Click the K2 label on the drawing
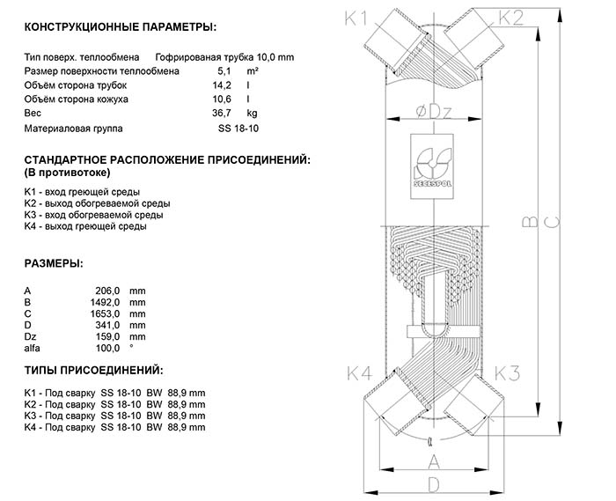[510, 18]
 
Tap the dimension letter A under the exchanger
[433, 461]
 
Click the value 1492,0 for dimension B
[106, 302]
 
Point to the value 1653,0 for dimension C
[106, 313]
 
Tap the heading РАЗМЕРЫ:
[55, 263]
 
